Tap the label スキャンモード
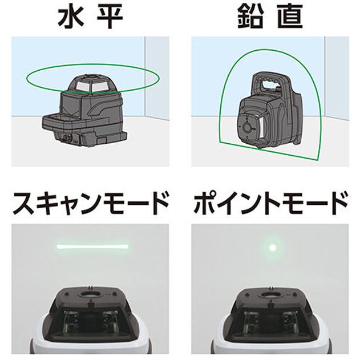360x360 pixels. (91, 203)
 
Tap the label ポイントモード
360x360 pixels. (269, 203)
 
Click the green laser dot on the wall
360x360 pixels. (272, 247)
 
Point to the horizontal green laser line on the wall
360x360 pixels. (92, 246)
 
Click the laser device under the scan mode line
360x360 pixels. (91, 319)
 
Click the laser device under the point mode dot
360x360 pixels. (270, 319)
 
